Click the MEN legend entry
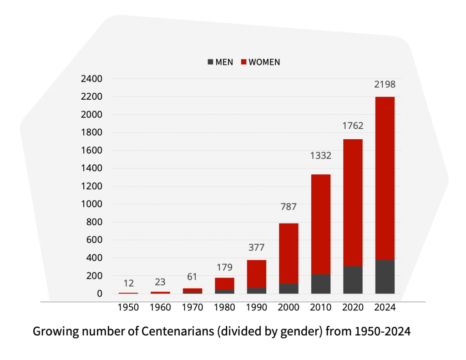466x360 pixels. pyautogui.click(x=220, y=62)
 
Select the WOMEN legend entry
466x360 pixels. pyautogui.click(x=260, y=62)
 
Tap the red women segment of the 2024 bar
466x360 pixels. pyautogui.click(x=385, y=177)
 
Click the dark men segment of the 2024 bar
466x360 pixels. pyautogui.click(x=385, y=277)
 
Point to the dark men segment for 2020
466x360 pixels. pyautogui.click(x=353, y=280)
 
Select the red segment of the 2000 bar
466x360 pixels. pyautogui.click(x=289, y=253)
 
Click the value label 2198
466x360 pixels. pyautogui.click(x=385, y=84)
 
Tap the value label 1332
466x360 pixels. pyautogui.click(x=320, y=156)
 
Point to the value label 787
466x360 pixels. pyautogui.click(x=289, y=207)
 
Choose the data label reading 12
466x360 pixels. pyautogui.click(x=128, y=284)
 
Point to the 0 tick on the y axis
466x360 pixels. pyautogui.click(x=99, y=294)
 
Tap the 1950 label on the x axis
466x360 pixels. pyautogui.click(x=128, y=308)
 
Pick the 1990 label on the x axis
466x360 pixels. pyautogui.click(x=256, y=308)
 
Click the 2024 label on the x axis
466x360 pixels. pyautogui.click(x=385, y=308)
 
